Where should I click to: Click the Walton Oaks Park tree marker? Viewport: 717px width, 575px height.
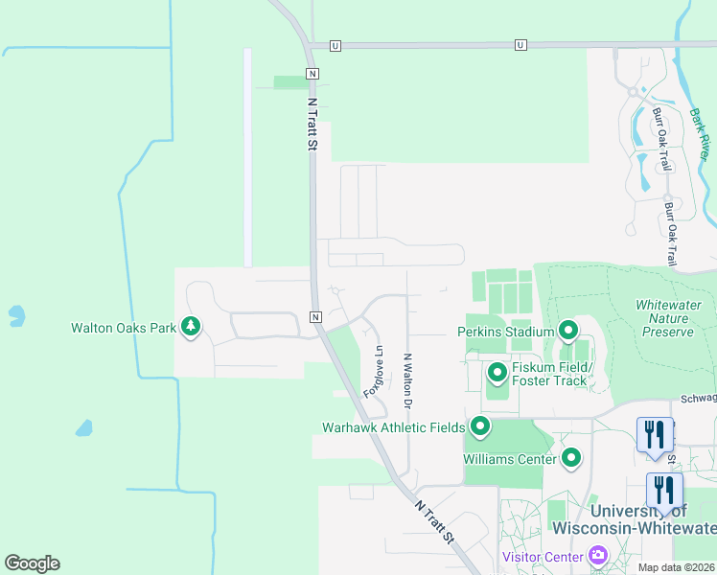click(x=191, y=327)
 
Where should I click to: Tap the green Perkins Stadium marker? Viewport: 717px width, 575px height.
click(x=567, y=332)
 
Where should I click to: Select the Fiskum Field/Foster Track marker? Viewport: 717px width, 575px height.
click(x=497, y=372)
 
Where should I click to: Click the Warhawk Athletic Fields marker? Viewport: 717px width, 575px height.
click(x=479, y=426)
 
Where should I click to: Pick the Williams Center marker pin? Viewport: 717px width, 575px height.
click(x=571, y=458)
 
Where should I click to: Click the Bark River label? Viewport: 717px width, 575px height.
click(x=700, y=133)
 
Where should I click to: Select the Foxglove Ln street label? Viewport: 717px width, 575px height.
click(x=373, y=372)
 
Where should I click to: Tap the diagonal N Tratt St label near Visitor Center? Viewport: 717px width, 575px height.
click(x=434, y=522)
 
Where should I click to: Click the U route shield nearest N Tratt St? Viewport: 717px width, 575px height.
click(x=335, y=45)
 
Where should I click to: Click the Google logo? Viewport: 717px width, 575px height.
click(x=32, y=563)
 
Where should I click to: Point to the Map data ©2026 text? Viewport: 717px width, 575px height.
click(x=677, y=567)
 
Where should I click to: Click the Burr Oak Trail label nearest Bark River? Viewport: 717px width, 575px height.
click(x=661, y=140)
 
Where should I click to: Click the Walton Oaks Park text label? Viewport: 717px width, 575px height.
click(x=123, y=328)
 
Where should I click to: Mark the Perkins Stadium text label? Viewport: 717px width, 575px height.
click(x=505, y=333)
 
